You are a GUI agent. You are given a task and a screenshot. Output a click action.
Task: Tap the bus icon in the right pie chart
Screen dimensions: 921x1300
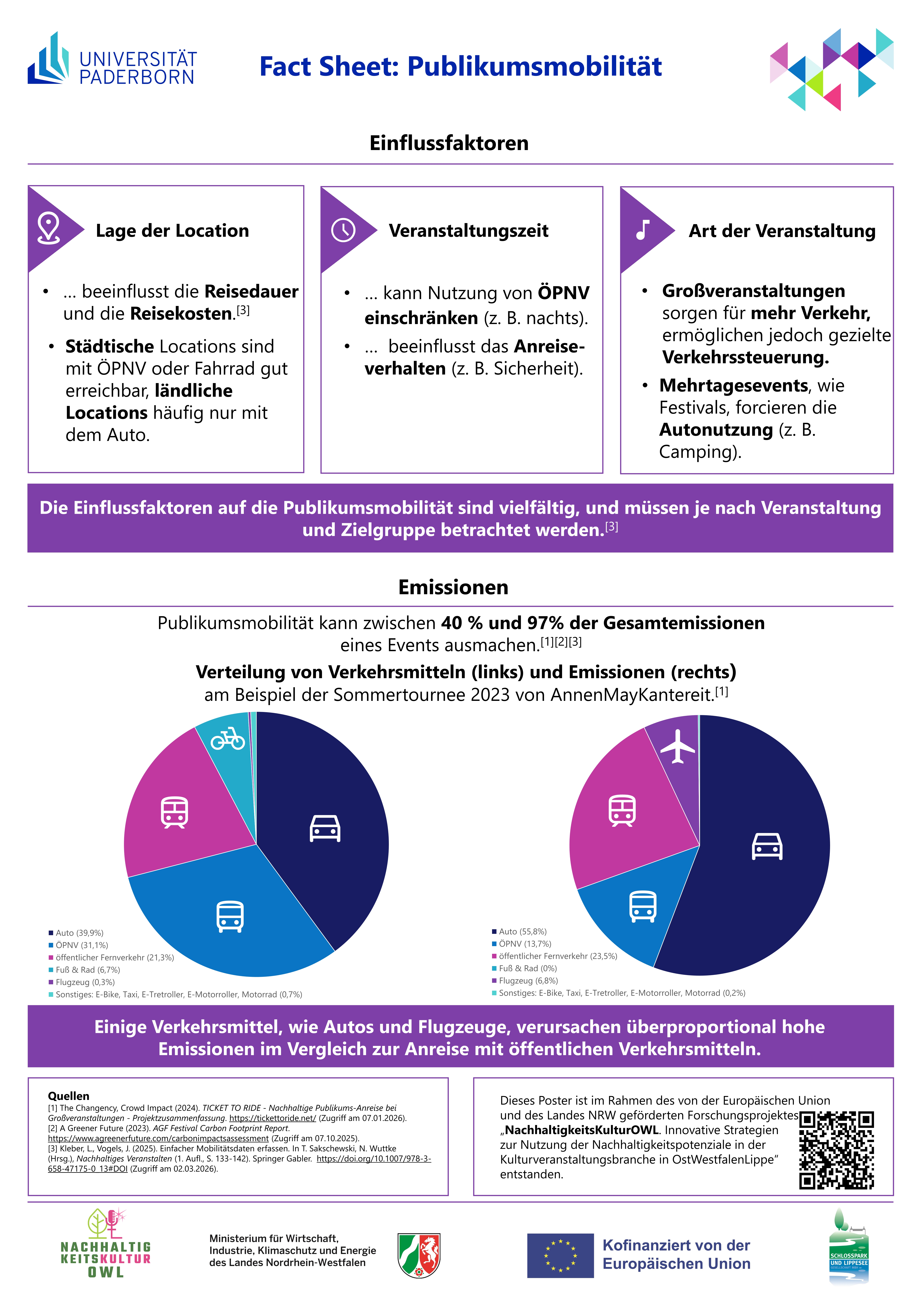coord(643,906)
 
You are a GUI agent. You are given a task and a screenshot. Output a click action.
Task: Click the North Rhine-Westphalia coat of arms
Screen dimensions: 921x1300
coord(419,1255)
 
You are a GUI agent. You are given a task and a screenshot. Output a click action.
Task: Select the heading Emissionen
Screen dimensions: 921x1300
coord(453,587)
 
